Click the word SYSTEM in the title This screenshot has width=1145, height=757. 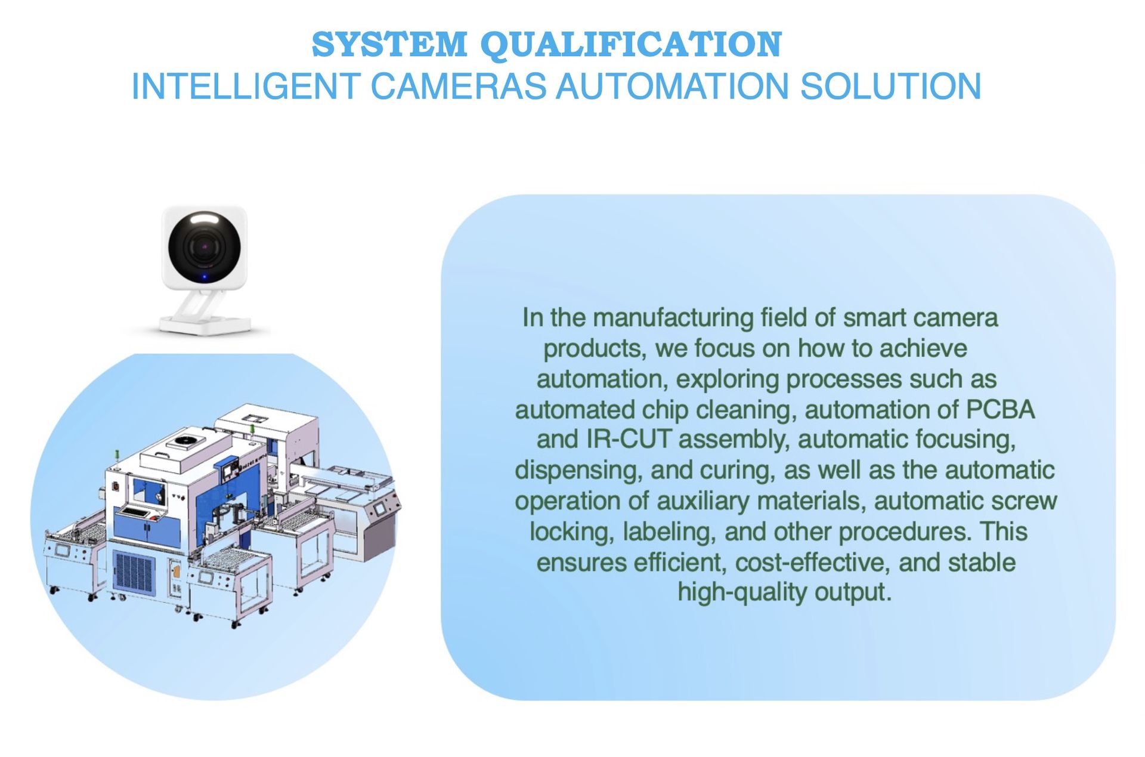389,45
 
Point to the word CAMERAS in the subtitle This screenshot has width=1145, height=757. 459,86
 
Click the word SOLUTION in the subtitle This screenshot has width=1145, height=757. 890,86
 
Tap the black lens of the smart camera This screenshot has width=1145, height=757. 205,246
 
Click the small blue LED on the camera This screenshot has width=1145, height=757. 205,276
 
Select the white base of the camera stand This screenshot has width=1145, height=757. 205,325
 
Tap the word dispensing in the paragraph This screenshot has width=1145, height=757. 578,471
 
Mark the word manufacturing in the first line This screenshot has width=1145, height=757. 673,318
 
